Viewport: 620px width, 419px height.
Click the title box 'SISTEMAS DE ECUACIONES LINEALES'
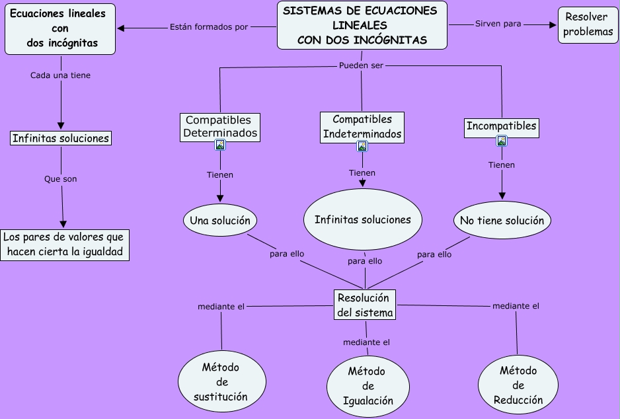[362, 25]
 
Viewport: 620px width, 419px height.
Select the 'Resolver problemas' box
[588, 24]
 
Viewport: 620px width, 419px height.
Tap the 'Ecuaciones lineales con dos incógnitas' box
[60, 28]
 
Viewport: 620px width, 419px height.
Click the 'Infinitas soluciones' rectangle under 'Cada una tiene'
[61, 139]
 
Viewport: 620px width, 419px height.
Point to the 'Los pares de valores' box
[65, 245]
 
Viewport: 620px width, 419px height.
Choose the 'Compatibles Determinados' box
[219, 126]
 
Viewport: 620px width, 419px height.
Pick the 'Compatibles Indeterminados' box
[362, 127]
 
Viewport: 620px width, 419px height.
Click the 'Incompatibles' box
[502, 126]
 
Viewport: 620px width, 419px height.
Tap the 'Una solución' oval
[219, 220]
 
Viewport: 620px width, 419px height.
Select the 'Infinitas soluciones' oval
[362, 219]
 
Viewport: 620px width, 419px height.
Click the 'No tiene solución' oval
[502, 220]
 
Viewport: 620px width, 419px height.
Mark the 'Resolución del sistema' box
[364, 305]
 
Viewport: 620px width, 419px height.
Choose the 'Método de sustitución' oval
[221, 382]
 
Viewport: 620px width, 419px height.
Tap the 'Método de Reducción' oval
[518, 385]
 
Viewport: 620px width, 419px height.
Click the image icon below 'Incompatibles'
[502, 141]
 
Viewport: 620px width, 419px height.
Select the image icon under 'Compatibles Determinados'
[220, 145]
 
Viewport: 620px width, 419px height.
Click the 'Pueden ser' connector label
[361, 65]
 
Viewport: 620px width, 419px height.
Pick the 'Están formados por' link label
[208, 27]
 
